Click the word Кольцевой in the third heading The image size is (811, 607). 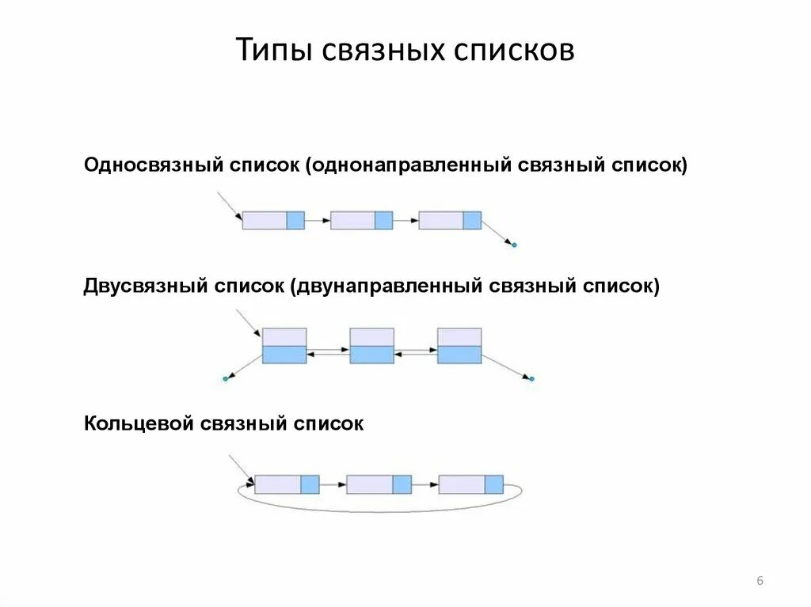point(139,424)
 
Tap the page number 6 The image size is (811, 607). point(760,582)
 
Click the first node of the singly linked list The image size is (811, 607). point(273,220)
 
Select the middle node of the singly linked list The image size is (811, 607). point(361,220)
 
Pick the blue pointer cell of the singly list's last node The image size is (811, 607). point(472,220)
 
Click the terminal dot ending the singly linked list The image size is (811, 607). point(514,245)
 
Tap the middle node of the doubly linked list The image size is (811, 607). point(371,345)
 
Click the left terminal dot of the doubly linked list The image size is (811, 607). point(225,379)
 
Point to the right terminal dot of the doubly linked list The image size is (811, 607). point(532,379)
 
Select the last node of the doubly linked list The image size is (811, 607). point(459,345)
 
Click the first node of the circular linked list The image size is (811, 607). point(287,484)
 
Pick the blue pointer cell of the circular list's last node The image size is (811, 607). point(494,484)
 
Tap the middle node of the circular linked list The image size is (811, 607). point(379,484)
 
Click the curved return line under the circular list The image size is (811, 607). point(380,511)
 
